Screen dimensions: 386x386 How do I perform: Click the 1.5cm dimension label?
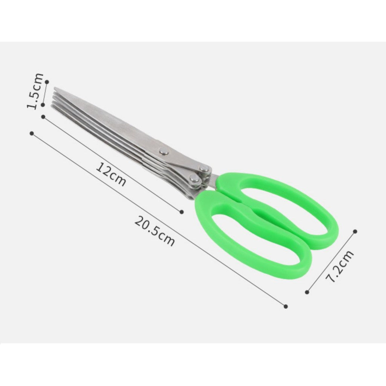(x=35, y=91)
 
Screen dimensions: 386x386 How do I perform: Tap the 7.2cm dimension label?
(x=340, y=266)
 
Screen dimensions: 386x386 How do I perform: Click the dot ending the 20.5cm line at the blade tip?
(x=32, y=133)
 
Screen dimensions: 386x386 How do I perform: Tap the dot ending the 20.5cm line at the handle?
(x=286, y=306)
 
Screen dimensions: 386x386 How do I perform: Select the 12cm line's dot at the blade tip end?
(x=43, y=117)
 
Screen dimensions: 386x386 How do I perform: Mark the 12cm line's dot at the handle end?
(x=182, y=212)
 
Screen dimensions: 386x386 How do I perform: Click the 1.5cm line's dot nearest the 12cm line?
(x=43, y=105)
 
